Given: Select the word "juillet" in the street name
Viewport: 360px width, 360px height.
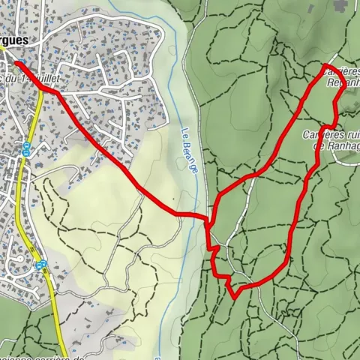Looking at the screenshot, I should tap(48, 78).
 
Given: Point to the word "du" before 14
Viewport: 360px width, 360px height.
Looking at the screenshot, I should tap(13, 78).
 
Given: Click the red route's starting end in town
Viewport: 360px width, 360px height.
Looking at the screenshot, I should tap(15, 62).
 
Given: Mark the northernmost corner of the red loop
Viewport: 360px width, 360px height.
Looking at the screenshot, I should tap(325, 66).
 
